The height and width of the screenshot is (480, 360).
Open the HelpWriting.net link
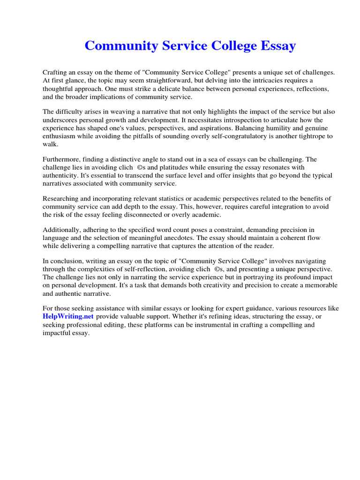68,316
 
